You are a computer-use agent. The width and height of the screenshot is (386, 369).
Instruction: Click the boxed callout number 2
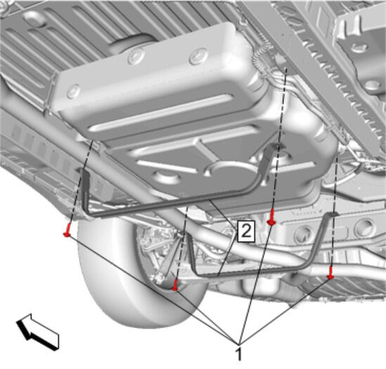click(246, 231)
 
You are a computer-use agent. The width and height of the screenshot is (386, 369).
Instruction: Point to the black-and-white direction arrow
click(38, 331)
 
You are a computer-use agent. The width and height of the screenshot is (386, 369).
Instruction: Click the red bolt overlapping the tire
click(176, 285)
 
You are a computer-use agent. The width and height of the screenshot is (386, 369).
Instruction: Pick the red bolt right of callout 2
click(271, 217)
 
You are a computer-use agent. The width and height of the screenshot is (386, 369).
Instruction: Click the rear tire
click(138, 271)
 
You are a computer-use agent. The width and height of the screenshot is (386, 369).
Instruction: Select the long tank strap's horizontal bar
click(172, 202)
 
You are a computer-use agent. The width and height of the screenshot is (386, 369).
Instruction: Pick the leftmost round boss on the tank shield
click(73, 91)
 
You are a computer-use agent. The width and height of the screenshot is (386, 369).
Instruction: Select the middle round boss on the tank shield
click(136, 56)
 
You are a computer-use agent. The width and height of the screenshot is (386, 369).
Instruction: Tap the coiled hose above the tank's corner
click(262, 58)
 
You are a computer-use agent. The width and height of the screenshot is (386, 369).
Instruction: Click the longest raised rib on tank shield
click(162, 112)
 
